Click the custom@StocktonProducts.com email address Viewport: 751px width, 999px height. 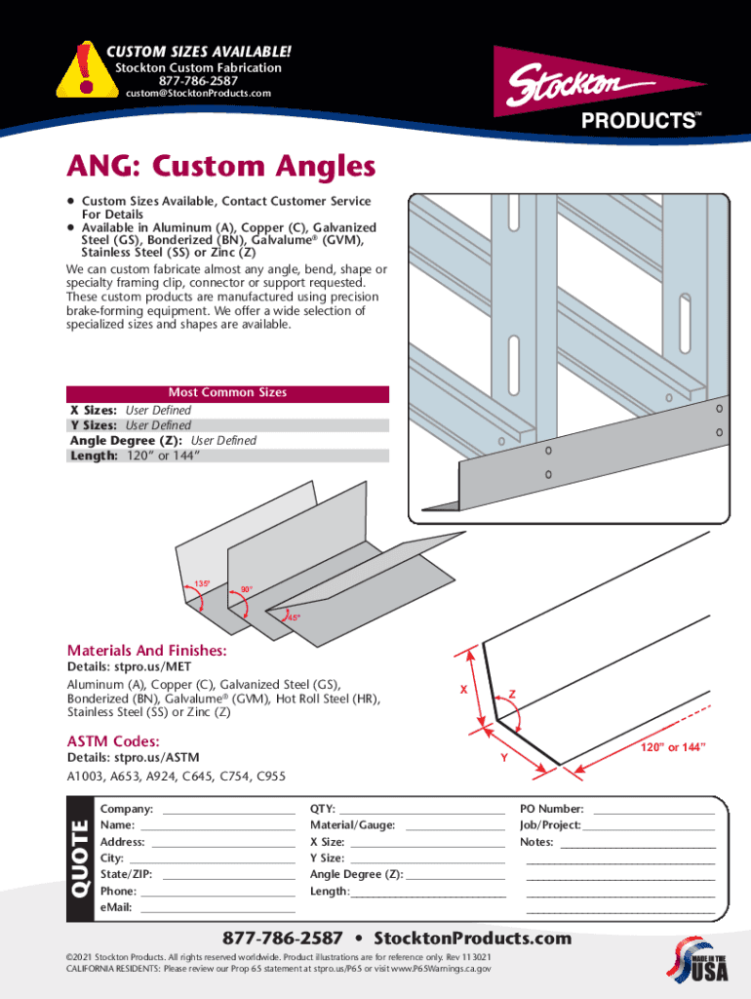point(196,94)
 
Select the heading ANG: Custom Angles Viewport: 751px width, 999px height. point(220,166)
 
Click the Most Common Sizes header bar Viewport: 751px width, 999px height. point(227,393)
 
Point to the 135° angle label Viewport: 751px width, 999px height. point(203,583)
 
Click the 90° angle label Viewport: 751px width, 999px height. point(247,589)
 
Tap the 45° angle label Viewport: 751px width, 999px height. point(294,618)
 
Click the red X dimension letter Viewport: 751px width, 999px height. point(464,690)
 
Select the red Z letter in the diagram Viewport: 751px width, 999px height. point(512,695)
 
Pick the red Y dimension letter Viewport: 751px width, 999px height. point(503,758)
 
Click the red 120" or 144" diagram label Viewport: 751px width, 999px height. point(672,747)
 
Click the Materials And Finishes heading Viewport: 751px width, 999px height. point(146,651)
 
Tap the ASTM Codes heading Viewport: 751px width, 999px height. point(113,741)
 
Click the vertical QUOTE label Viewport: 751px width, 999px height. point(79,861)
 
